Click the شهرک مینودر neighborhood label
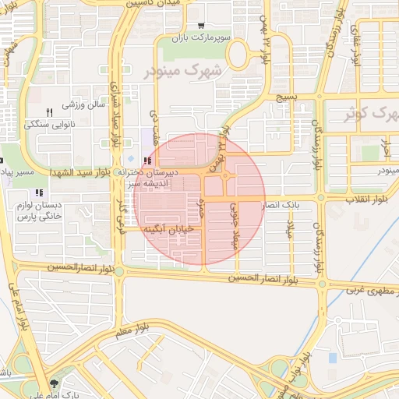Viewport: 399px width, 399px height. [183, 71]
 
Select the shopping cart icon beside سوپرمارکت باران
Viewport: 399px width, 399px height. [202, 26]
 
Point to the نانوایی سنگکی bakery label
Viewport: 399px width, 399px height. [50, 124]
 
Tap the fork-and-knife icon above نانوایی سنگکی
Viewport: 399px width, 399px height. [50, 112]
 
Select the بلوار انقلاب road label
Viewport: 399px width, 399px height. [372, 199]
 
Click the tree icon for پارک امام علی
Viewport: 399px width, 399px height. [55, 383]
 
